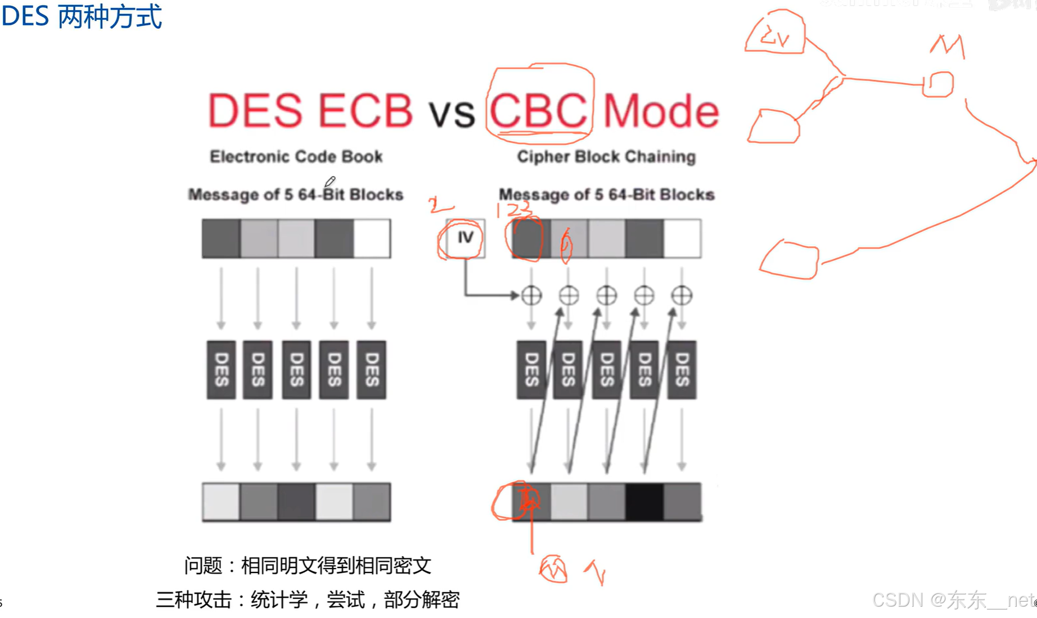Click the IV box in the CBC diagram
click(465, 238)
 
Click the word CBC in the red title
click(538, 111)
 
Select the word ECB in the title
click(365, 110)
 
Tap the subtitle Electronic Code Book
click(296, 156)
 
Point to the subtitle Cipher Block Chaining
click(606, 157)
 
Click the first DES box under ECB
click(221, 369)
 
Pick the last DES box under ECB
click(371, 369)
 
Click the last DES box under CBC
click(682, 369)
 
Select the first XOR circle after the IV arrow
click(531, 295)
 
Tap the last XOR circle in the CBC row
click(682, 295)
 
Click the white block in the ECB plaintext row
click(372, 238)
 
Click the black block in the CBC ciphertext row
click(644, 502)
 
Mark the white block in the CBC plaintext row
click(682, 238)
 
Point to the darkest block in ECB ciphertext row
click(296, 502)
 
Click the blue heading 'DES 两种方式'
click(82, 16)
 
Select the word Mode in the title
click(661, 111)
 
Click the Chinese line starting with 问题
click(308, 565)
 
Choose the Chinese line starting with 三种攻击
click(308, 599)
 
